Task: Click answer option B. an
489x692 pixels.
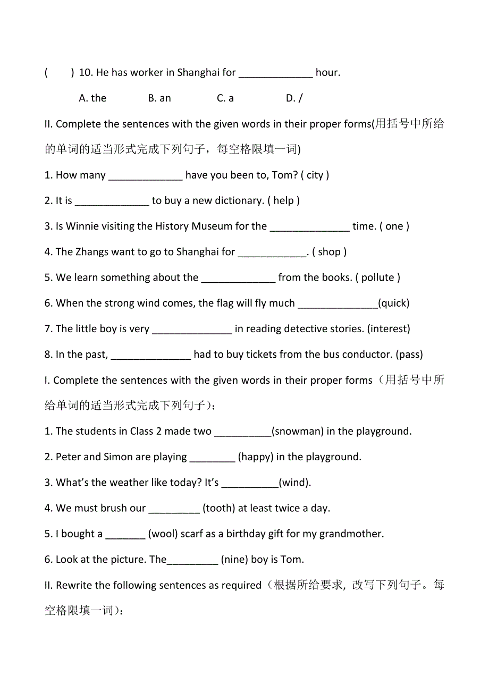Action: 159,98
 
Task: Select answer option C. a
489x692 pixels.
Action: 225,98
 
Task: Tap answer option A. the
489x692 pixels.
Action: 92,98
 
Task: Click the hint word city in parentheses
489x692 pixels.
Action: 315,175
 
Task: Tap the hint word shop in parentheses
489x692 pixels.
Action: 329,252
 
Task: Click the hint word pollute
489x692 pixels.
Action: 377,278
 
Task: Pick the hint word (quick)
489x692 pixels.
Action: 394,303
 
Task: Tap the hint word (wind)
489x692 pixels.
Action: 294,483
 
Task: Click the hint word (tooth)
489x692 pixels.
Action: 218,509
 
